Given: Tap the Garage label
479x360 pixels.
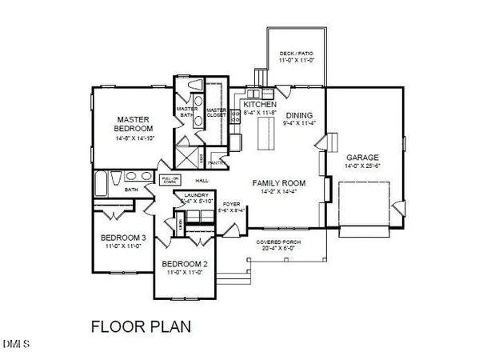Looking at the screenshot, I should pyautogui.click(x=362, y=157).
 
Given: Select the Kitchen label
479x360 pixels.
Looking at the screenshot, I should pyautogui.click(x=261, y=105).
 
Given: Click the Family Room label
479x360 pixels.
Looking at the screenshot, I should pyautogui.click(x=275, y=183).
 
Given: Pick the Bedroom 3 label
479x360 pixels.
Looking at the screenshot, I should pyautogui.click(x=123, y=238).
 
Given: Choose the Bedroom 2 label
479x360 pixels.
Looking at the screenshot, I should pyautogui.click(x=185, y=264).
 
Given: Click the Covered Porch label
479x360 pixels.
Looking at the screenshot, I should pyautogui.click(x=277, y=241).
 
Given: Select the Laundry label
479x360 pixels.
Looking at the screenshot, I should pyautogui.click(x=196, y=195).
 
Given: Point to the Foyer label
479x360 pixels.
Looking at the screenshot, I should pyautogui.click(x=233, y=204).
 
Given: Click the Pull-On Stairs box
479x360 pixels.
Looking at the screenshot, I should pyautogui.click(x=169, y=180).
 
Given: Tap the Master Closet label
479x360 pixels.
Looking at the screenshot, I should pyautogui.click(x=217, y=114).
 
